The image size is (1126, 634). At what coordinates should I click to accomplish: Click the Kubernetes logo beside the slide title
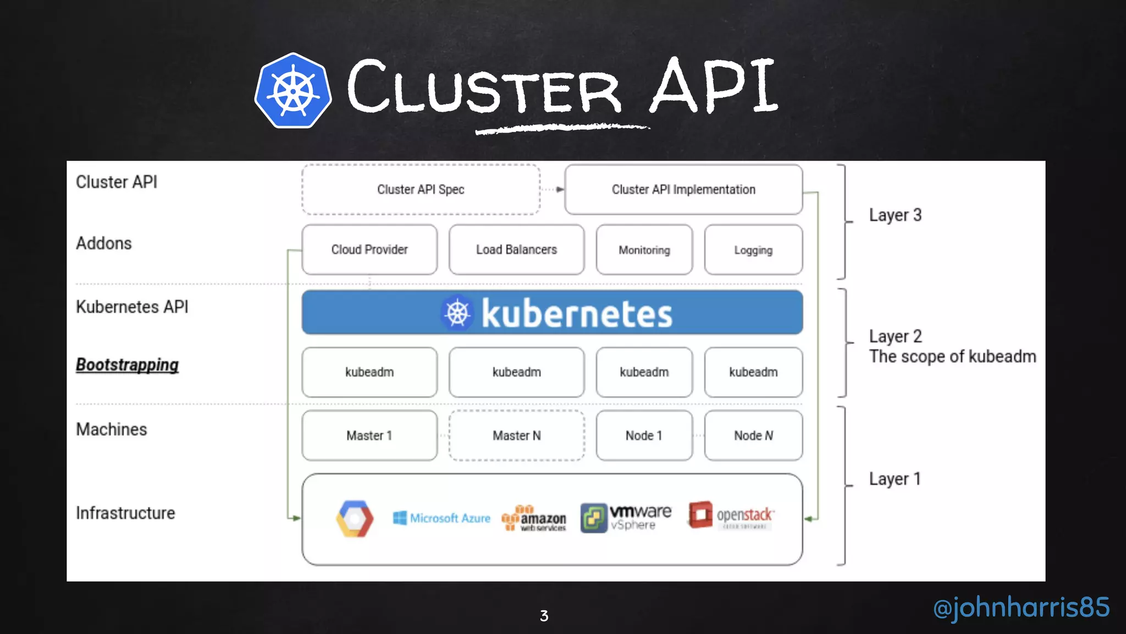coord(293,91)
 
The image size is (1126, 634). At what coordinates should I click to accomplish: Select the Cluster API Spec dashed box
coord(421,189)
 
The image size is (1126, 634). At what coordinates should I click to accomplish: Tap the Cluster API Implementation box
coord(683,189)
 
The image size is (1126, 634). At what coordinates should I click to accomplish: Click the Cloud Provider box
coord(369,249)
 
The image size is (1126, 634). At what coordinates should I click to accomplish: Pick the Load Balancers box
coord(516,249)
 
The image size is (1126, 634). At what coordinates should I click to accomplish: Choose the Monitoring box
coord(644,250)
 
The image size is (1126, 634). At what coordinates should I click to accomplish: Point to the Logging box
coord(753,250)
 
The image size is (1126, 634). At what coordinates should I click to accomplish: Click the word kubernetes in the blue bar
coord(577,313)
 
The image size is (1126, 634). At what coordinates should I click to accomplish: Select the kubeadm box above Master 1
coord(369,372)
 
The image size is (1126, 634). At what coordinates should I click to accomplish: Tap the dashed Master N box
coord(516,435)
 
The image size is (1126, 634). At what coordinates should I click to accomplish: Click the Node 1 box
coord(644,435)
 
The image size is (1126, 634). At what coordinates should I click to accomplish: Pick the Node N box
coord(753,435)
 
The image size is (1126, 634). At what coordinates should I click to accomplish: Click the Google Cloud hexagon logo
coord(355,518)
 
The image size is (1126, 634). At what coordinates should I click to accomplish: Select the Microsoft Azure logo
coord(441,518)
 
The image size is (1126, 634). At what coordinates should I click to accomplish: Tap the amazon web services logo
coord(534,518)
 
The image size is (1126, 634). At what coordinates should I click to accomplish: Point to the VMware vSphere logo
coord(626,518)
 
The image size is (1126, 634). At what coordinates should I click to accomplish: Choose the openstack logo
coord(731,515)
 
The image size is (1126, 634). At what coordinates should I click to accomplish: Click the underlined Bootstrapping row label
coord(127,365)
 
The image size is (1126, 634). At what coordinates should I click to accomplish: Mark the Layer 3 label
coord(895,215)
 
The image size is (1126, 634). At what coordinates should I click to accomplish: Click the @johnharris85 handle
coord(1021,607)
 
